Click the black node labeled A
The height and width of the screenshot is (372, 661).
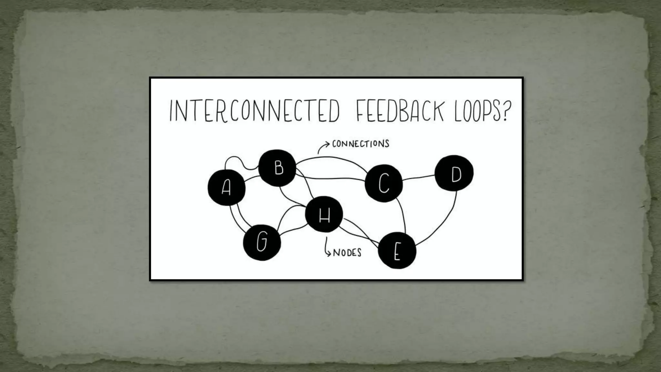pyautogui.click(x=227, y=188)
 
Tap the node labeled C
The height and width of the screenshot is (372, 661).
pyautogui.click(x=384, y=183)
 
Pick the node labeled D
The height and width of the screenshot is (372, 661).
pyautogui.click(x=454, y=173)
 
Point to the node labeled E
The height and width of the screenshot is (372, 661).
pyautogui.click(x=397, y=251)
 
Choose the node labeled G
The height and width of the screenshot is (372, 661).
pyautogui.click(x=262, y=242)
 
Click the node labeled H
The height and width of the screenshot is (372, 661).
pyautogui.click(x=324, y=214)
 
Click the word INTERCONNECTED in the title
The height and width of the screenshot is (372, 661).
pyautogui.click(x=254, y=112)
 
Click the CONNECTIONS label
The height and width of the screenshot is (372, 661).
pyautogui.click(x=361, y=144)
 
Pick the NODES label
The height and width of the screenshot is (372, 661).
pyautogui.click(x=347, y=253)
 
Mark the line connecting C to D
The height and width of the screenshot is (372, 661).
pyautogui.click(x=419, y=178)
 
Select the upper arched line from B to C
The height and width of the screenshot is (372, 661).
pyautogui.click(x=332, y=157)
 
